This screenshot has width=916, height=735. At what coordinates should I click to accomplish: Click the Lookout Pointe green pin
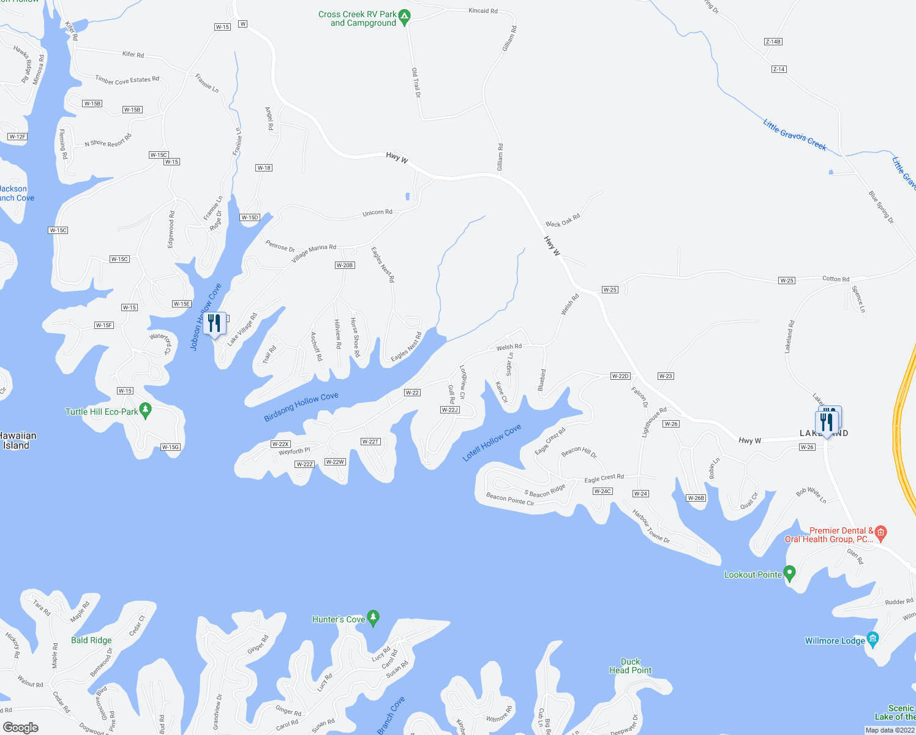[789, 573]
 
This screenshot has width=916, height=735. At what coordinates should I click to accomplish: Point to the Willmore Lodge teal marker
[873, 639]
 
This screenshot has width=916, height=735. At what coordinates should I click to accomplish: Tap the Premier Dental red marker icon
[880, 532]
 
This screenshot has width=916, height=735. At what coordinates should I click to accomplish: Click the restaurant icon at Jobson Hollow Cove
[214, 322]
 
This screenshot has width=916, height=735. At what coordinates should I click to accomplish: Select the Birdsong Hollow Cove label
[301, 407]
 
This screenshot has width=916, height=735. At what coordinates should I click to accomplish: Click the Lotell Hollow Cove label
[492, 442]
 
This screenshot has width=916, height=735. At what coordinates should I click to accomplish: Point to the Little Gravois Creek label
[794, 134]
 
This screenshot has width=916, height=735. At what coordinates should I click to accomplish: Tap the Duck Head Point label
[630, 666]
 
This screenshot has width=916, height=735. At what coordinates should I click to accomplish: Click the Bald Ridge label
[91, 640]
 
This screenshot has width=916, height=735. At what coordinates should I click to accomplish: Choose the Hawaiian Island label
[17, 440]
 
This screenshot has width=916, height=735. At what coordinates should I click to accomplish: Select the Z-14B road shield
[773, 42]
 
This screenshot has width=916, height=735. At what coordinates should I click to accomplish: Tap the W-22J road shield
[449, 410]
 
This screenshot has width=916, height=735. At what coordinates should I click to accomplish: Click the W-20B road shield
[344, 265]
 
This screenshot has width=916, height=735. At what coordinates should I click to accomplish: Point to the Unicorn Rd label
[377, 213]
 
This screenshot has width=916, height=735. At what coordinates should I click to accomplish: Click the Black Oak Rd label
[563, 221]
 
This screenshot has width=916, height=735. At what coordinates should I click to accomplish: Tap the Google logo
[21, 727]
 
